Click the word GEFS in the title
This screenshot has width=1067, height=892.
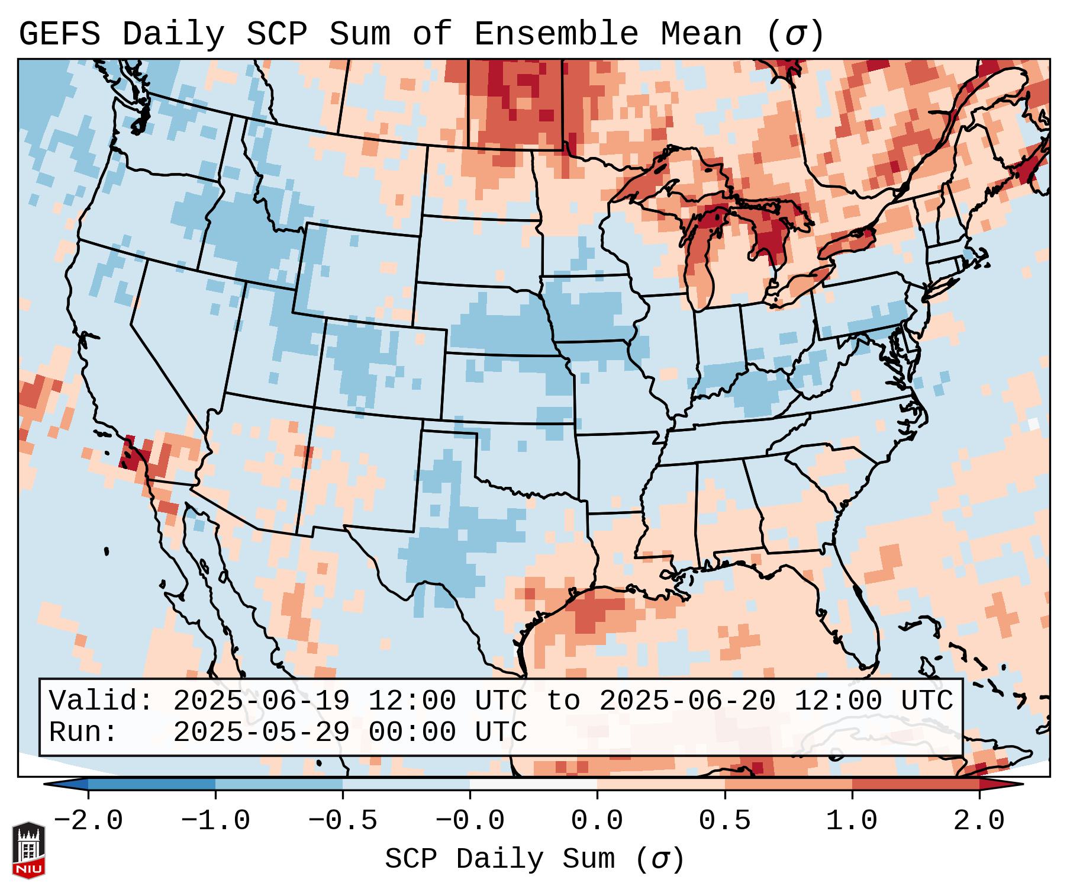(x=59, y=34)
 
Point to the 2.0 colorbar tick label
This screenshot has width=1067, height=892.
(x=979, y=821)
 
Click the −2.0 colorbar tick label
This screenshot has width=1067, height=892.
(x=88, y=821)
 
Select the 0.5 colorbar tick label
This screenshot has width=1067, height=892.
(x=724, y=821)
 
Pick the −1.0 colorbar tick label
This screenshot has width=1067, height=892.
(x=215, y=821)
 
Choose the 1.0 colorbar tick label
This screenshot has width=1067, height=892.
(x=852, y=821)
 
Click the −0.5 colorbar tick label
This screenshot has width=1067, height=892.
(x=343, y=821)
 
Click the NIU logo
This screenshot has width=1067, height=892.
(x=28, y=850)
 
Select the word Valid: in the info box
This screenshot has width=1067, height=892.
(x=101, y=701)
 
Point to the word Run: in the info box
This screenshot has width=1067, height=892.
(x=83, y=732)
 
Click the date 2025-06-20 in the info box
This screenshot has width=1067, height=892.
(x=687, y=701)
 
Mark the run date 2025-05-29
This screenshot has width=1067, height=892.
(x=260, y=732)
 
